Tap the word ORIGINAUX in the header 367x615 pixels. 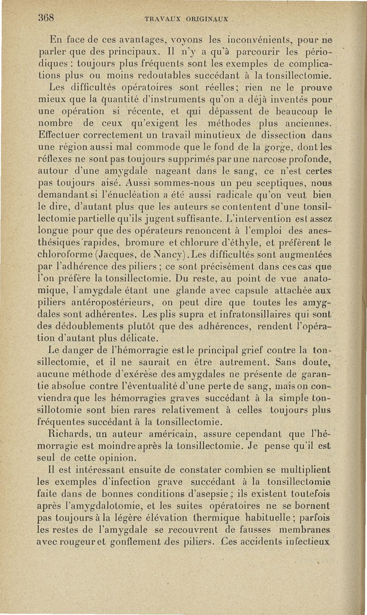(210, 20)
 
